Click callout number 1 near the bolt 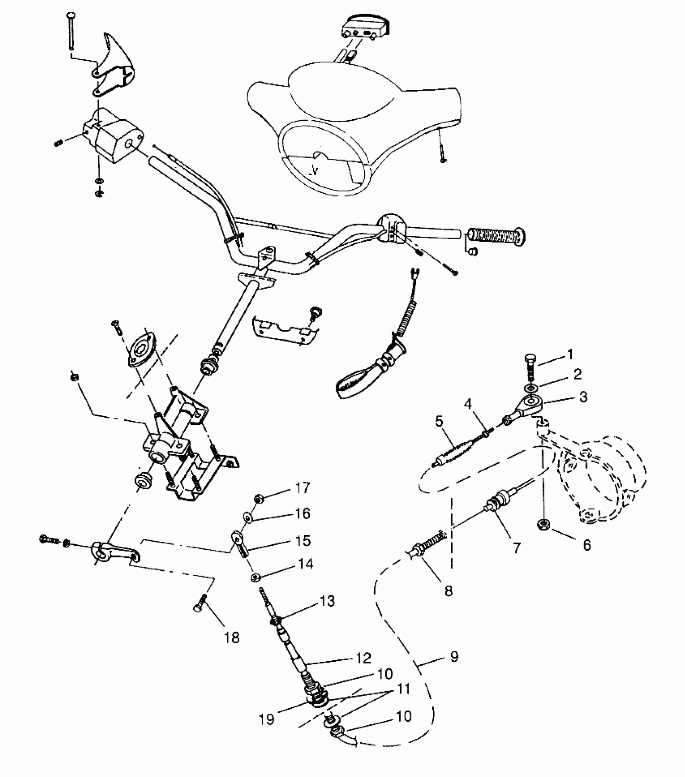[x=570, y=354]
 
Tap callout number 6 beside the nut [x=587, y=545]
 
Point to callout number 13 [x=327, y=601]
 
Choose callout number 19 [x=267, y=719]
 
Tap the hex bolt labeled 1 [x=531, y=368]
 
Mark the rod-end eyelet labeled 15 [x=239, y=542]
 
